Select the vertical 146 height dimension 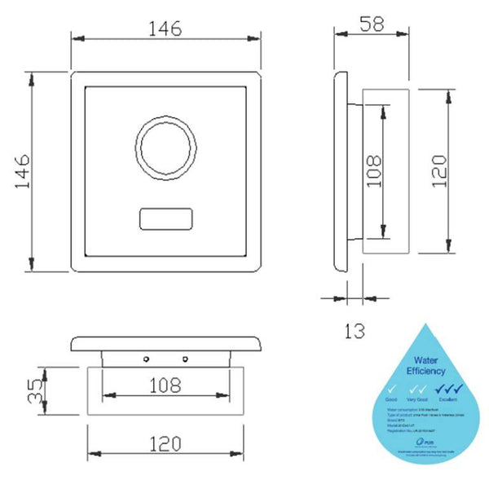click(x=22, y=173)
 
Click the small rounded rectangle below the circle click(x=165, y=220)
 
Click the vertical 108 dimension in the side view click(x=374, y=172)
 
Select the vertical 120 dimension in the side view click(x=438, y=172)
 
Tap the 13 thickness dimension click(x=354, y=331)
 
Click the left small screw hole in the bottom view click(x=146, y=359)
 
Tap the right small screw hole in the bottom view click(x=185, y=359)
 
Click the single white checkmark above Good click(x=393, y=390)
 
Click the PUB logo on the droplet click(x=396, y=441)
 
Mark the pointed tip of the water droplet click(x=425, y=324)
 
